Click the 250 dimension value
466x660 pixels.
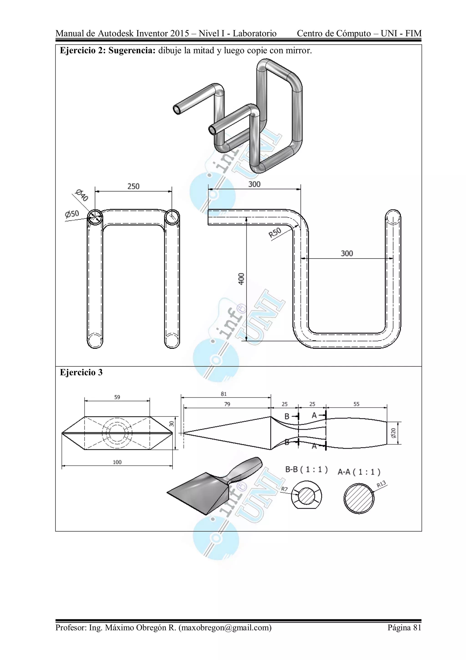133,186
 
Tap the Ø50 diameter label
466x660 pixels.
72,214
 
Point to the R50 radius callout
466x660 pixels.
275,232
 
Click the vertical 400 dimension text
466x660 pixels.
241,279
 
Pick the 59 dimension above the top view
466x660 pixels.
117,397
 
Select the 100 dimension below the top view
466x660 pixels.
117,462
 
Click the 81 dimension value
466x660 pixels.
224,394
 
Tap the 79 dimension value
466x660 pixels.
227,404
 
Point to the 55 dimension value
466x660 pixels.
356,404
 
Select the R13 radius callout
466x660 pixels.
381,484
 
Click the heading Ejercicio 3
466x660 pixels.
81,372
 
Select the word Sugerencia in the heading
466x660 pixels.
132,51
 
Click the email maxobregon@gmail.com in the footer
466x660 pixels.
225,627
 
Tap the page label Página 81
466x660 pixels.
404,627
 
